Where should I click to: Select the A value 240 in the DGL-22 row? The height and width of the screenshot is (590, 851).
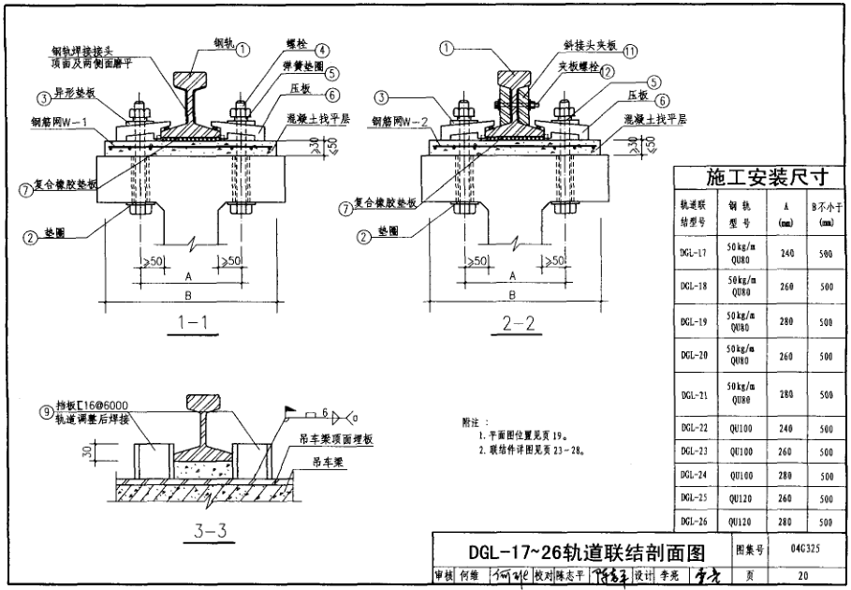[x=785, y=428]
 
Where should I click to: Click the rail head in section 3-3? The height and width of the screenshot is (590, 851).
[x=212, y=404]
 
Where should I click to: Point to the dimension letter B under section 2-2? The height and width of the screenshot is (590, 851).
[x=511, y=295]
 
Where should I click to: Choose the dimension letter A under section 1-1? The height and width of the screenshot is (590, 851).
[x=188, y=277]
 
